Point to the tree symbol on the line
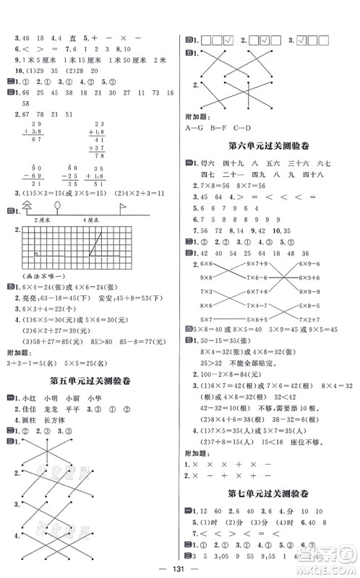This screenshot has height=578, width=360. pyautogui.click(x=27, y=207)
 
